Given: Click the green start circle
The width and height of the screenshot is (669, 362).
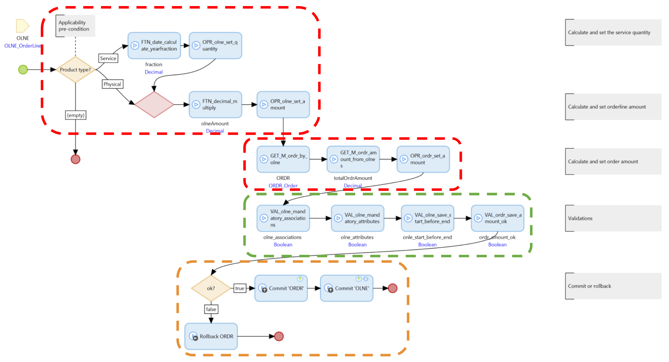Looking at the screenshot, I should (23, 70).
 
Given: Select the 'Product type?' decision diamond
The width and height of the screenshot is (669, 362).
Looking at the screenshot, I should (75, 70).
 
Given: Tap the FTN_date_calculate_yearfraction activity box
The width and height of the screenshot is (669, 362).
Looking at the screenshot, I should (154, 46).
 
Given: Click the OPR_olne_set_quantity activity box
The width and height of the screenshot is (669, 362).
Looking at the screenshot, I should (215, 46).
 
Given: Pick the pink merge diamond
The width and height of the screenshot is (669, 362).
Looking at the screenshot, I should (154, 104).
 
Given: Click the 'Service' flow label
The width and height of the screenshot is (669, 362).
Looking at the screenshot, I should (108, 58).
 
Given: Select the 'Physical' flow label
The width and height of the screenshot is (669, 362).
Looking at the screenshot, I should (112, 84).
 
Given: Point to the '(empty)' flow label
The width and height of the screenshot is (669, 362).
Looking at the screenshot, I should (76, 115).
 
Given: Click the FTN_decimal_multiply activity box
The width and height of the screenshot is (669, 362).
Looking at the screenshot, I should (215, 104).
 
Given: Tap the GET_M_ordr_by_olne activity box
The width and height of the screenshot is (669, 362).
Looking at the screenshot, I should (283, 159).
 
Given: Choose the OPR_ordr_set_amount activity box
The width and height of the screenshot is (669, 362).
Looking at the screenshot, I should (423, 159).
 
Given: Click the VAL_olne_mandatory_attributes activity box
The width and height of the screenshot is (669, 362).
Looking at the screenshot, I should (357, 218).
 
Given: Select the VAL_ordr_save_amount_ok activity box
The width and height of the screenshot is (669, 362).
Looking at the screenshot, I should (497, 218).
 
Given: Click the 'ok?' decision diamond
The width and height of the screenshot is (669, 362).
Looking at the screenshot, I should (211, 288).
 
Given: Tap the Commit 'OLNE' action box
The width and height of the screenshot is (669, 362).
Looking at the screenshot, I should (346, 288).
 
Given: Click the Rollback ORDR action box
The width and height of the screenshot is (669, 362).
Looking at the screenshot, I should (211, 336).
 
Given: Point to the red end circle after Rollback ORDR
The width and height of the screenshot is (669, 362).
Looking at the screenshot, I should (279, 336).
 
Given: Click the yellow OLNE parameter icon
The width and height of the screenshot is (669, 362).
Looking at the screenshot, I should (23, 26).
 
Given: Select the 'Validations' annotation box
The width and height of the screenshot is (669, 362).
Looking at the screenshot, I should (613, 218).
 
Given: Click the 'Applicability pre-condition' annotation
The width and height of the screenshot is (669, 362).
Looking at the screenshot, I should (75, 26).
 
